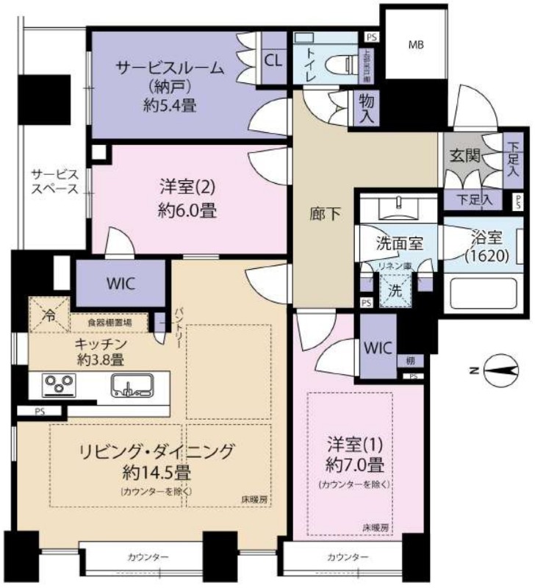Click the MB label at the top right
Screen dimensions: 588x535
pos(417,45)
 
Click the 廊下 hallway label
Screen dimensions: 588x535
pos(321,214)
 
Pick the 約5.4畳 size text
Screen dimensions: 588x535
pos(169,105)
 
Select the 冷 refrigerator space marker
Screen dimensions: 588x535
pos(49,317)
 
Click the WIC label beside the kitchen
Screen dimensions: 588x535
pos(120,283)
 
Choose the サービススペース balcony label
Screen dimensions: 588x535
pos(54,181)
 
